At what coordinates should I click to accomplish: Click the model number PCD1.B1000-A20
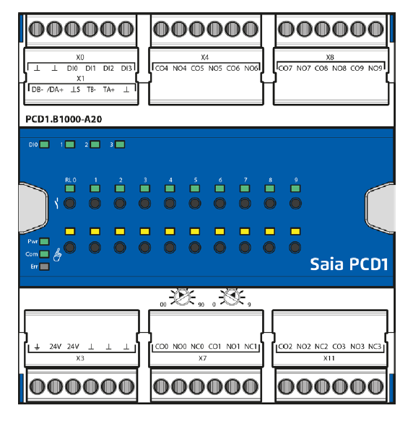pos(64,119)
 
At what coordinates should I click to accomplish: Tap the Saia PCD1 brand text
pos(349,264)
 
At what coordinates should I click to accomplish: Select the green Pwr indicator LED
pos(44,242)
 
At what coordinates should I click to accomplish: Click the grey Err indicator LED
pos(44,266)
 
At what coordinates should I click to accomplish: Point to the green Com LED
pos(44,254)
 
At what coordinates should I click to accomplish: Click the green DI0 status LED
pos(44,144)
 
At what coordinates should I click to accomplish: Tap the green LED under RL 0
pos(70,188)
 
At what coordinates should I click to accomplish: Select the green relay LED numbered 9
pos(295,188)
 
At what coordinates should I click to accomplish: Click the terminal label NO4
pos(179,69)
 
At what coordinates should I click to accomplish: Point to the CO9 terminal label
pos(357,69)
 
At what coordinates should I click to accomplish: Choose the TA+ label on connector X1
pos(109,90)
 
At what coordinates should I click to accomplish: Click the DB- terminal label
pos(38,90)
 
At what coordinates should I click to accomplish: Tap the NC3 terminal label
pos(375,347)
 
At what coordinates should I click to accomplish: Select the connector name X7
pos(202,358)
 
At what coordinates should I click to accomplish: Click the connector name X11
pos(329,358)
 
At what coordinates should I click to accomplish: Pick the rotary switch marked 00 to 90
pos(182,297)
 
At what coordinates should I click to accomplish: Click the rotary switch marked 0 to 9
pos(232,297)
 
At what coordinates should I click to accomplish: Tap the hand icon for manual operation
pos(57,254)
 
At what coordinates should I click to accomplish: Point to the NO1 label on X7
pos(232,347)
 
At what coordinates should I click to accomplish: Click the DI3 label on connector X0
pos(126,69)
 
